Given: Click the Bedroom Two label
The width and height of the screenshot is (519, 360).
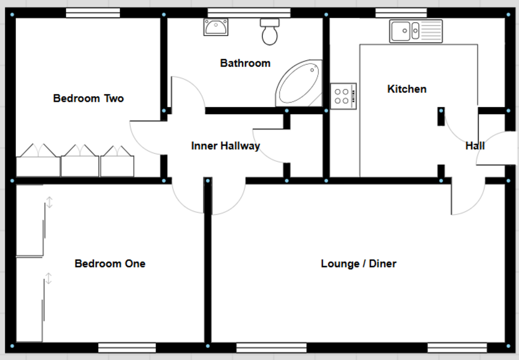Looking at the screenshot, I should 88,99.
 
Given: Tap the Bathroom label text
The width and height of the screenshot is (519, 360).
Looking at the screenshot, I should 245,64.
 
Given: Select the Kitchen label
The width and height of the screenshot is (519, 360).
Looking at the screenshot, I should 407,89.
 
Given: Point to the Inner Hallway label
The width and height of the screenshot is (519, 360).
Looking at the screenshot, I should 225,146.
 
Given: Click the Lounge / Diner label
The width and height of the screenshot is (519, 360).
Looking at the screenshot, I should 359,264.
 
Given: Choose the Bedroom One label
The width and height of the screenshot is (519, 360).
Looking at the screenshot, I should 110,264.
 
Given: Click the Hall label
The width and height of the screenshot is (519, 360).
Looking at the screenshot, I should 474,146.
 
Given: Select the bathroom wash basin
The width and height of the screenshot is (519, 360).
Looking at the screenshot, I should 215,27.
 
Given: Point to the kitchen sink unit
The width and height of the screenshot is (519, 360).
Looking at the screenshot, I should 416,31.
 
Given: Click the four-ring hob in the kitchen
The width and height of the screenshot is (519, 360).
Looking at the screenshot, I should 343,96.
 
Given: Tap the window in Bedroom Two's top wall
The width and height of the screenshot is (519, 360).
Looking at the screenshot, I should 93,13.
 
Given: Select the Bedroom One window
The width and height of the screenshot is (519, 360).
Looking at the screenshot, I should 127,347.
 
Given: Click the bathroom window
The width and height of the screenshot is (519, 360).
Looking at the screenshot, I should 243,13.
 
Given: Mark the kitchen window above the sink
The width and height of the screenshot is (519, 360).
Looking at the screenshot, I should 401,13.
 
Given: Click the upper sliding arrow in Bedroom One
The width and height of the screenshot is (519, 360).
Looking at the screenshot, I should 49,202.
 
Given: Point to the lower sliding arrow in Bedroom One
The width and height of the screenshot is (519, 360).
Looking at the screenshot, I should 48,278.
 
